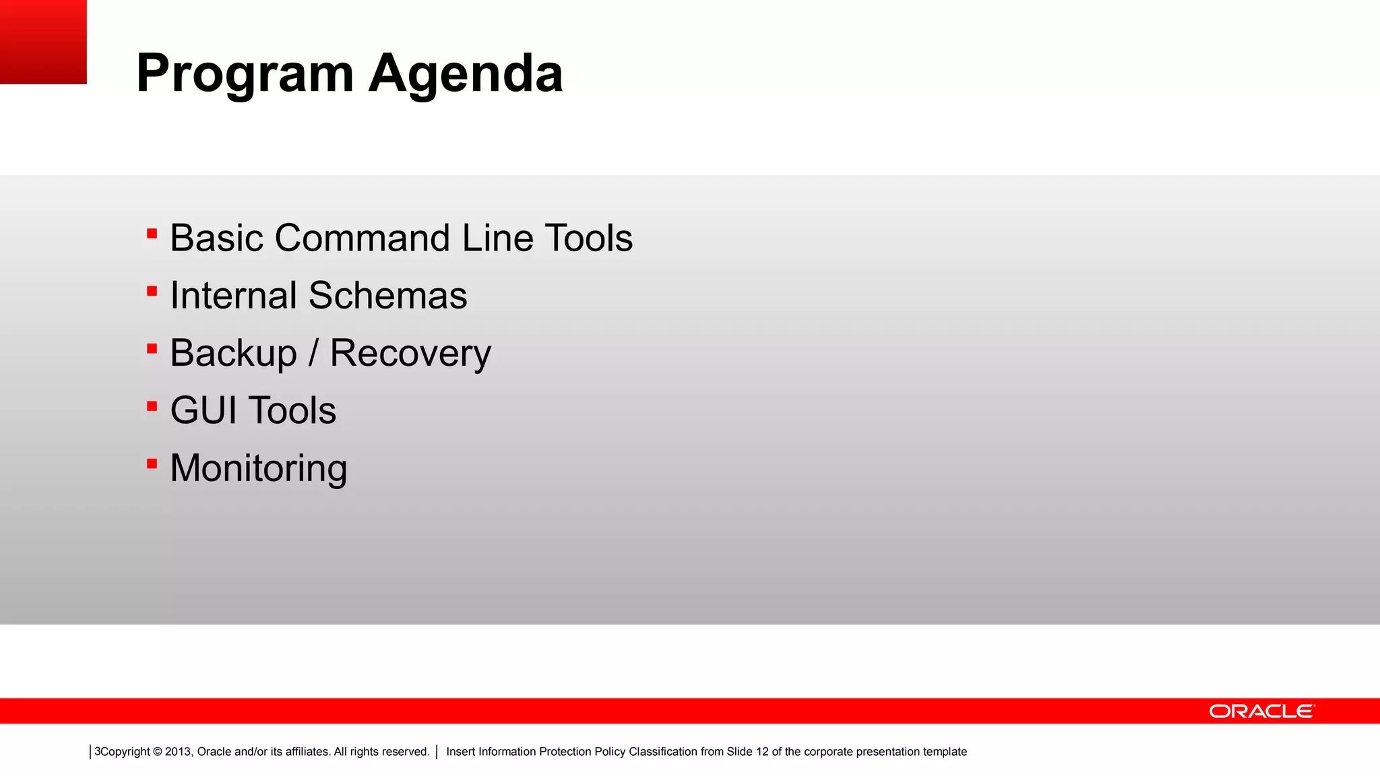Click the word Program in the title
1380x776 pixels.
pyautogui.click(x=245, y=74)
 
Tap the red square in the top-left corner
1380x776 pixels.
pyautogui.click(x=43, y=42)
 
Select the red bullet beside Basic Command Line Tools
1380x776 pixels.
pyautogui.click(x=152, y=234)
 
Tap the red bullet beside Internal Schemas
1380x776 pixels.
pyautogui.click(x=152, y=292)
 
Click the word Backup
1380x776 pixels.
pyautogui.click(x=233, y=353)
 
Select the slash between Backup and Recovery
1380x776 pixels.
pyautogui.click(x=313, y=353)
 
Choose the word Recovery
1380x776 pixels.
pyautogui.click(x=410, y=353)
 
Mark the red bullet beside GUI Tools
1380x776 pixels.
pyautogui.click(x=152, y=406)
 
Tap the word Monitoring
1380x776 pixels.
pyautogui.click(x=259, y=468)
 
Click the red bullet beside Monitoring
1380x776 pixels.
pyautogui.click(x=152, y=463)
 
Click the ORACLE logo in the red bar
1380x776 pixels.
pyautogui.click(x=1261, y=711)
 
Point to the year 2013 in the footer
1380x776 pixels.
pyautogui.click(x=178, y=752)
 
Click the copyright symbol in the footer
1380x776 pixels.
pyautogui.click(x=158, y=752)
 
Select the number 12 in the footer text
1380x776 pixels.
pyautogui.click(x=761, y=752)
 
